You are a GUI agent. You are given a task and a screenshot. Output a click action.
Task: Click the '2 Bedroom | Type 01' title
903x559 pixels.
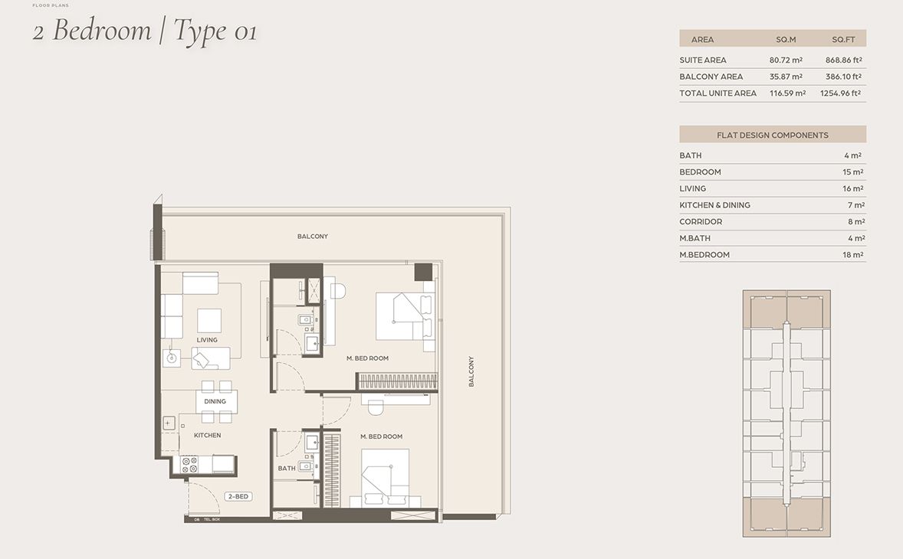coord(144,31)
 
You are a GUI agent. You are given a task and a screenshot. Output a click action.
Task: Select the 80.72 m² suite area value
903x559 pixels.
coord(786,60)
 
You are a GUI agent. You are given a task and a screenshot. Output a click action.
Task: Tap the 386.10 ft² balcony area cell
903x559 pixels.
coord(843,77)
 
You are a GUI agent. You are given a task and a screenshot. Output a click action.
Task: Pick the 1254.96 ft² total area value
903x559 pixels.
coord(841,93)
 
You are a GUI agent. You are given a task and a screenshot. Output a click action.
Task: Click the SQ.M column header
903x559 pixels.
coord(786,39)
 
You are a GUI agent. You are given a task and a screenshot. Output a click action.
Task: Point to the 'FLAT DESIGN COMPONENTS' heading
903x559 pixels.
coord(772,135)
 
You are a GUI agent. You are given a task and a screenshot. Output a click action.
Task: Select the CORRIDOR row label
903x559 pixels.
coord(701,221)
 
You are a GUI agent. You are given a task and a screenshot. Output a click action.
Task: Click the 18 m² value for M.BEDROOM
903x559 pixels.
coord(852,255)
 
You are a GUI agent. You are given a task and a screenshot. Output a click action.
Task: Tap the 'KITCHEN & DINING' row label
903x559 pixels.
coord(714,205)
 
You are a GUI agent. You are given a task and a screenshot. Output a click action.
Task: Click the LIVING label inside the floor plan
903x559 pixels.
coord(207,340)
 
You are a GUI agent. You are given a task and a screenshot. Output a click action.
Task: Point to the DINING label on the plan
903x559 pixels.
coord(215,401)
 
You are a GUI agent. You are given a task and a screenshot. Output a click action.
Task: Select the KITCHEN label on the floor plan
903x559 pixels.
coord(207,435)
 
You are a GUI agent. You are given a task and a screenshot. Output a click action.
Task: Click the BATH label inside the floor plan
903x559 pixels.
coord(287,468)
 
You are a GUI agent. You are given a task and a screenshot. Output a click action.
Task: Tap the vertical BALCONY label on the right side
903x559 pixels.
coord(471,371)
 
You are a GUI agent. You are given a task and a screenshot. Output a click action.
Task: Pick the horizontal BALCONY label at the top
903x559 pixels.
coord(313,237)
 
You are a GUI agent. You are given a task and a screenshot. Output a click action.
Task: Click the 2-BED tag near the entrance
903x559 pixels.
coord(238,497)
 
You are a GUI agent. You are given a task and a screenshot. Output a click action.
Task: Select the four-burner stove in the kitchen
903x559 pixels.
coord(189,464)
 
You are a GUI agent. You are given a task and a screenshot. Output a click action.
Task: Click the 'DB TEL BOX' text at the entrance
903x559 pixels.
coord(206,520)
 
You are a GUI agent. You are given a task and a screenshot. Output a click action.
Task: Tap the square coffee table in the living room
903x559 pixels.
coord(209,320)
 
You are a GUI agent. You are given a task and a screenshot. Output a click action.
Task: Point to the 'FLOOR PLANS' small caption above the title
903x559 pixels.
coord(51,5)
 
